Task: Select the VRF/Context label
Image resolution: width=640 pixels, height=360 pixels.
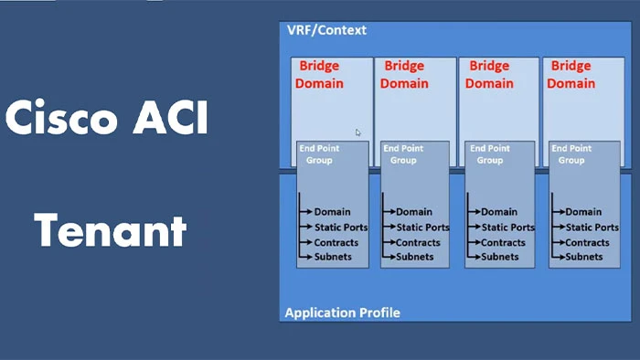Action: (x=326, y=30)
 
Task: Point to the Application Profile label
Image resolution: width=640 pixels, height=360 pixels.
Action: (x=342, y=312)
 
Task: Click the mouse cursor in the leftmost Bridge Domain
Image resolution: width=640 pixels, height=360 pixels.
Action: (x=357, y=132)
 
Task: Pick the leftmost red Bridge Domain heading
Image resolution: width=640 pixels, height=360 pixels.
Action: (x=320, y=75)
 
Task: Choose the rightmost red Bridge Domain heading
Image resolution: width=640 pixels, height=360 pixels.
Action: (x=571, y=75)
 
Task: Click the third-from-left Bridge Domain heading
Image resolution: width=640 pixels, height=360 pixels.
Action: (x=488, y=75)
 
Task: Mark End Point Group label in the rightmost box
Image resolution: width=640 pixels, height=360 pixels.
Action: (x=571, y=154)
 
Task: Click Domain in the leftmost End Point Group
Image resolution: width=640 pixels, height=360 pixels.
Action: (x=332, y=212)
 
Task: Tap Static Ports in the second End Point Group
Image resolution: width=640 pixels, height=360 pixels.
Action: (x=422, y=228)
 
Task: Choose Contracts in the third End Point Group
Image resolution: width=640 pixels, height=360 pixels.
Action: (x=502, y=242)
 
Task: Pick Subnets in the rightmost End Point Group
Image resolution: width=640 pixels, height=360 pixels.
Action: (x=584, y=257)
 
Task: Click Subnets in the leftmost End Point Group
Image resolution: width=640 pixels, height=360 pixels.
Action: (x=334, y=257)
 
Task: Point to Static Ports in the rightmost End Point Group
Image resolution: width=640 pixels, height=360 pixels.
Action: (x=592, y=228)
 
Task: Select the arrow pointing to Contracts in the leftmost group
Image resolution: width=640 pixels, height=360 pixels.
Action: (x=306, y=242)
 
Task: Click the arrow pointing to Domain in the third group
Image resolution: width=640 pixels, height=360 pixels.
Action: (x=475, y=212)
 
